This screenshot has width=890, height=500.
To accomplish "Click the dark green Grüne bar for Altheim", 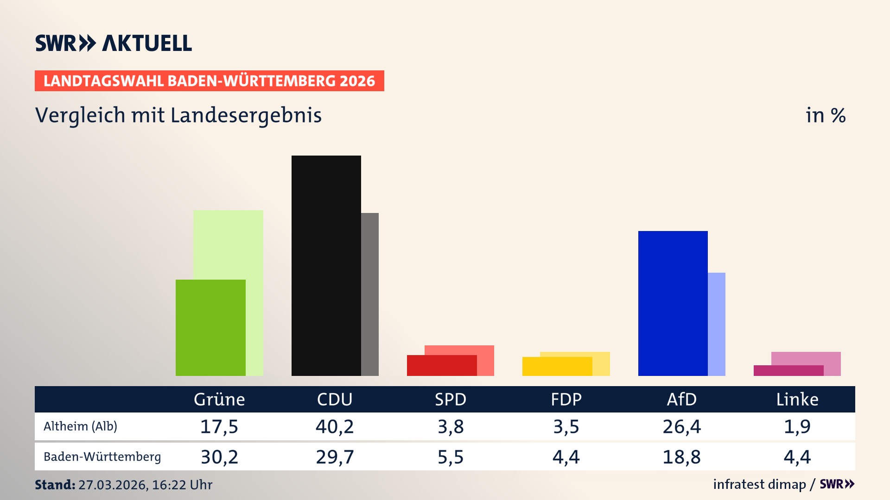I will point(210,327).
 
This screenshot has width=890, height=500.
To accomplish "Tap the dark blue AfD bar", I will point(673,303).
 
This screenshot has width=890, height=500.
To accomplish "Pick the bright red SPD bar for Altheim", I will point(441,365).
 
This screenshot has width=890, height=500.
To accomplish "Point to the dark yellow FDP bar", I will point(557,366).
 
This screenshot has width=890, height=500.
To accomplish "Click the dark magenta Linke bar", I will point(788,370).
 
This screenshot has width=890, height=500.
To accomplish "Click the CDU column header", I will point(335,400).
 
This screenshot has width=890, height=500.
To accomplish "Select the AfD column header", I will point(681,400).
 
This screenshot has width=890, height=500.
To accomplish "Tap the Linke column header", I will point(797,400).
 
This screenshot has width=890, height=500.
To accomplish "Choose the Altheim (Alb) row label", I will point(80,426).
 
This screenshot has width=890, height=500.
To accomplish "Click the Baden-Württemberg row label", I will point(102,457).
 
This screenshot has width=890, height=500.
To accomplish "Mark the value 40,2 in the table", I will point(335,426).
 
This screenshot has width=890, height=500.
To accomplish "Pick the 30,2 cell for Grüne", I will point(219,457).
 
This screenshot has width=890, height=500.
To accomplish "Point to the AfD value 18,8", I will point(681,457).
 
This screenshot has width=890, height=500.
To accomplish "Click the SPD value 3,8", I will point(451,426).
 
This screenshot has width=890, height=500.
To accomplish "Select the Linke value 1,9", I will point(797,426).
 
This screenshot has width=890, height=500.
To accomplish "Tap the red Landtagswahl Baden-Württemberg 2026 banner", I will point(209,81).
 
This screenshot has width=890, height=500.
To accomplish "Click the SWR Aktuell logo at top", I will point(114,43).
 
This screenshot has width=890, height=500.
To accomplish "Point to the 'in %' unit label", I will point(826,115).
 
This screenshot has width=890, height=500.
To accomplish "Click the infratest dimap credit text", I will point(759,484).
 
